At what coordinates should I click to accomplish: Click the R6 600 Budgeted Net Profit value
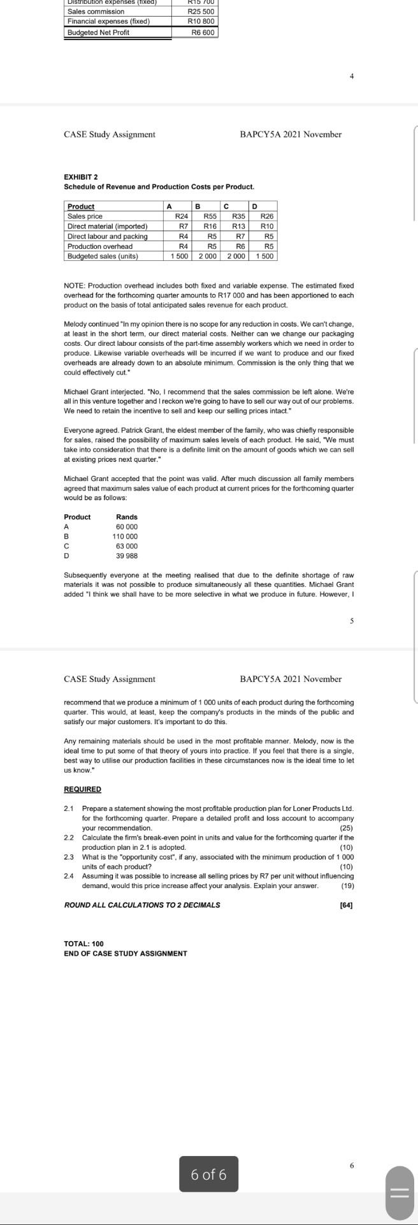click(x=203, y=32)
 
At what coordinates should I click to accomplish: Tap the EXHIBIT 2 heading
click(x=81, y=177)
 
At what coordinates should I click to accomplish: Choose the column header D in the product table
click(x=254, y=206)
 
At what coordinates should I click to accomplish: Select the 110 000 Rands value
click(x=125, y=537)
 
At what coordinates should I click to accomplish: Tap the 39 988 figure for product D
click(x=127, y=556)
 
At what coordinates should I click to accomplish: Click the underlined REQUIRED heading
click(x=83, y=789)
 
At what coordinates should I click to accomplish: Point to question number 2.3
click(x=69, y=857)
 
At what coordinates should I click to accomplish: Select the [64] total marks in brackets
click(x=347, y=905)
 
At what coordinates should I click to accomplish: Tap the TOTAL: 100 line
click(x=83, y=943)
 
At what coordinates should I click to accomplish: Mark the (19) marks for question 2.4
click(x=347, y=886)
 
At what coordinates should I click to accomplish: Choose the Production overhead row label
click(x=100, y=246)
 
